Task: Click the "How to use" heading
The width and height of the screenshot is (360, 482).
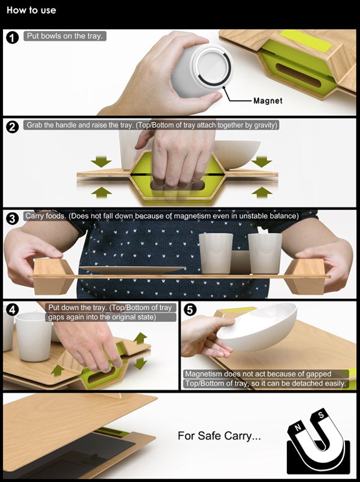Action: coord(31,10)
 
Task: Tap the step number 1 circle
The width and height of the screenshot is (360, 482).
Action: coord(12,38)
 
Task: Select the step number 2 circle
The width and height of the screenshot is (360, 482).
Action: coord(12,127)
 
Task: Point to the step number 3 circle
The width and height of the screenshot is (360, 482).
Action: coord(12,218)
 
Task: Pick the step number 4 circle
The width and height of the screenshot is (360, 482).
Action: coord(12,310)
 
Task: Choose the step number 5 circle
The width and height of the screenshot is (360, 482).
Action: coord(190,310)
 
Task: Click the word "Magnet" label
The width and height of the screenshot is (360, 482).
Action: coord(268,101)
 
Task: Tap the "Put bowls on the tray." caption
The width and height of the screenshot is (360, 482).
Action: coord(65,36)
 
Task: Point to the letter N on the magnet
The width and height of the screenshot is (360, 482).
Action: coord(297,427)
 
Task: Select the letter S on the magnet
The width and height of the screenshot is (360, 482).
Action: coord(321,415)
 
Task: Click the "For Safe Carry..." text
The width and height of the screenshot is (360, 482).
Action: coord(219,436)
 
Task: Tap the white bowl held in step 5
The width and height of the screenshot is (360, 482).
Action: coord(257,326)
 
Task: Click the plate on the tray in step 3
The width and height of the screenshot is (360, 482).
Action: coord(132,270)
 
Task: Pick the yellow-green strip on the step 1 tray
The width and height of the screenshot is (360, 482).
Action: coord(306,41)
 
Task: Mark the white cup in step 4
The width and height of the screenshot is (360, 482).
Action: coord(34,337)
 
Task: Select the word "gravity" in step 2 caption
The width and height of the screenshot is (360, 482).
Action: coord(265,125)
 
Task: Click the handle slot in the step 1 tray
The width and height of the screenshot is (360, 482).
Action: coord(299,75)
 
